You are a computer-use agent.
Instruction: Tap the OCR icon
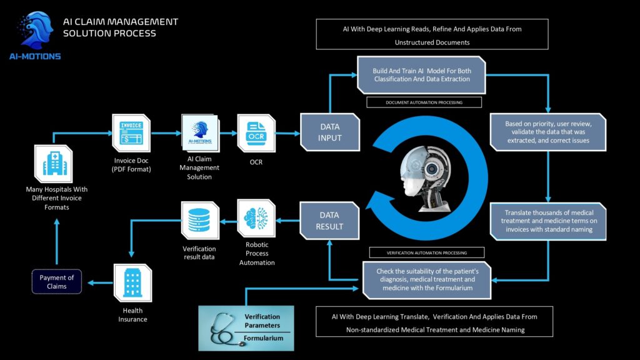coord(256,132)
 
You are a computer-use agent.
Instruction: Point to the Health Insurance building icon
coord(132,282)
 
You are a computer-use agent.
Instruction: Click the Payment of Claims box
coord(57,282)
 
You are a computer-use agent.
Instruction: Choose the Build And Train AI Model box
coord(422,74)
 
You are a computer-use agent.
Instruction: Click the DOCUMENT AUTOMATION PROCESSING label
coord(424,102)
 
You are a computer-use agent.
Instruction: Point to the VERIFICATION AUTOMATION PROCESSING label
coord(427,253)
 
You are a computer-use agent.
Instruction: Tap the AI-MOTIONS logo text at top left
coord(36,56)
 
